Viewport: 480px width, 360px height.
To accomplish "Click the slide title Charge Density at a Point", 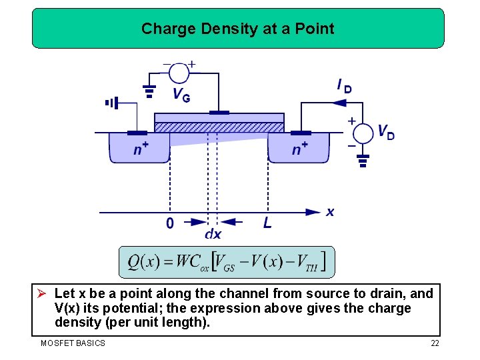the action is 238,29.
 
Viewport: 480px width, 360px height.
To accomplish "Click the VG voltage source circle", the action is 179,72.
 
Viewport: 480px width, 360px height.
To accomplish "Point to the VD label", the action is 386,132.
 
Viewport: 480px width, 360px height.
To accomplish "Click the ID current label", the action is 344,85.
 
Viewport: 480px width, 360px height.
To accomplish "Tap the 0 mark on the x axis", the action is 170,223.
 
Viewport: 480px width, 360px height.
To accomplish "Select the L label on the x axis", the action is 267,223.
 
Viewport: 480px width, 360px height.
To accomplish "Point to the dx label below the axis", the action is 213,234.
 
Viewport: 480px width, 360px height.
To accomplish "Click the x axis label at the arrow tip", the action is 330,212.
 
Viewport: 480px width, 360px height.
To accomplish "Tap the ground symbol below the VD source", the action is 363,161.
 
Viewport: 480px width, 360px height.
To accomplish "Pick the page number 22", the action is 435,343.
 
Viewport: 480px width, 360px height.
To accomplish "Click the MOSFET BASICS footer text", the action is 73,343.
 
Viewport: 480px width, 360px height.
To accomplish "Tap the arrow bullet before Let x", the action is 43,294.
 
